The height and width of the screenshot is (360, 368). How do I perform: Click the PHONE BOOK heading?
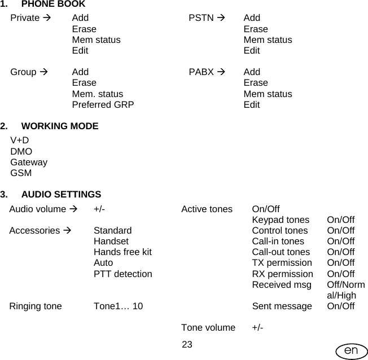coord(53,5)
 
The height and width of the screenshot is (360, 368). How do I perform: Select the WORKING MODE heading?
coord(59,126)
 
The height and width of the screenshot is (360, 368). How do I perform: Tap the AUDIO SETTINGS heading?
coord(61,195)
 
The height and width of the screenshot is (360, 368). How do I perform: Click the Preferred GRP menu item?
coord(103,104)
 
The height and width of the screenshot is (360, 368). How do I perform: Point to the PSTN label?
coord(201,18)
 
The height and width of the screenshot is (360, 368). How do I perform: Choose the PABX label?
coord(201,72)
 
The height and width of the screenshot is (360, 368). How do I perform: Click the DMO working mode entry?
coord(21,151)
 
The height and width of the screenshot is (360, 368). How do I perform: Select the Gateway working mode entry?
coord(29,163)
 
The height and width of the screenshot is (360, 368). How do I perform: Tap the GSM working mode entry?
coord(21,173)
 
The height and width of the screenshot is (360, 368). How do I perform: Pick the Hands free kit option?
coord(122,252)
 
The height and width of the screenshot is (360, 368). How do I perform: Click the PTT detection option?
coord(122,274)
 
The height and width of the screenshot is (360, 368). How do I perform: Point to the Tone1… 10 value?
coord(118,306)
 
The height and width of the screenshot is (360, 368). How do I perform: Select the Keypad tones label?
coord(281,220)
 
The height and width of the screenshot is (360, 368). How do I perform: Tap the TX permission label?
coord(282,263)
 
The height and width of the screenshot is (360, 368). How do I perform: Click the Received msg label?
coord(282,285)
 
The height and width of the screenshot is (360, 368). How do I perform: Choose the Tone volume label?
coord(208,328)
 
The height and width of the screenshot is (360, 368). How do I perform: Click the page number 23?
coord(187,345)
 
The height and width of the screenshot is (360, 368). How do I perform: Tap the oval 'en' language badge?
coord(351,351)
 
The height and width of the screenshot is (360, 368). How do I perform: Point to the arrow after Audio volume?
coord(73,209)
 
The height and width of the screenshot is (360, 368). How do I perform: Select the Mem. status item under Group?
coord(97,94)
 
